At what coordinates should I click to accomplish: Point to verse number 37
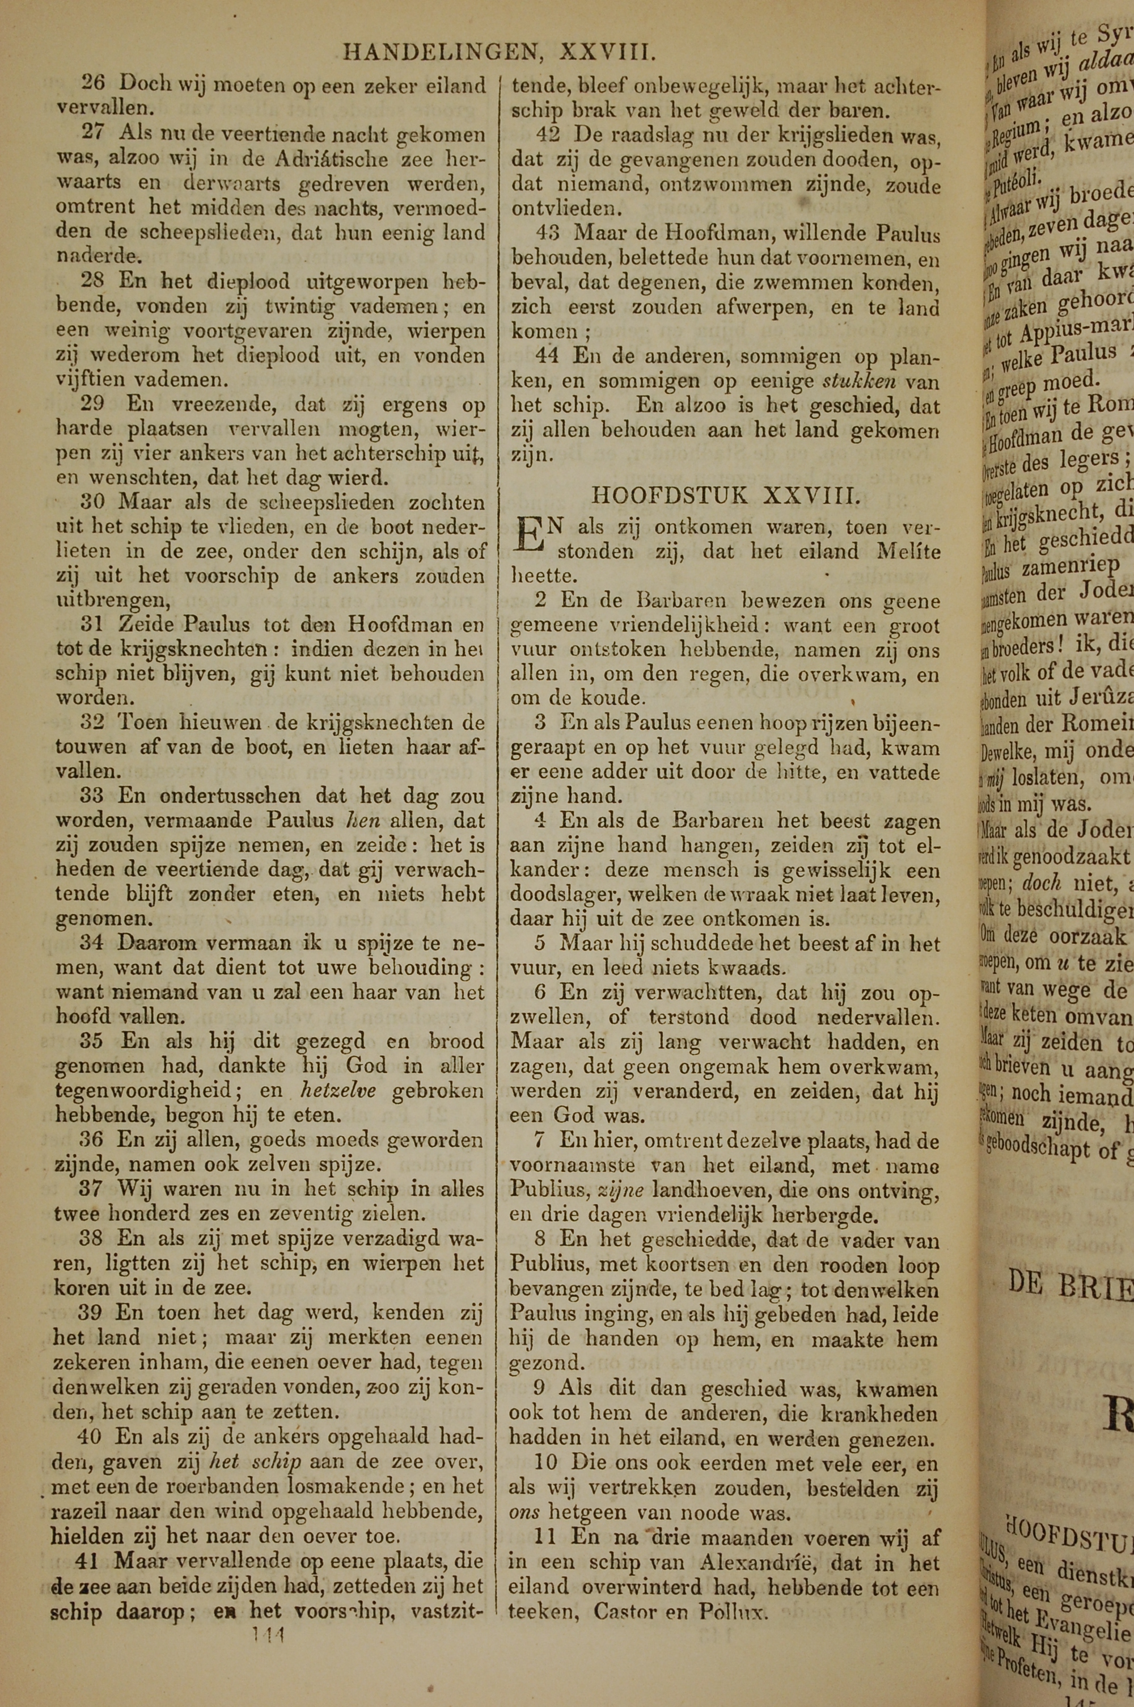pyautogui.click(x=92, y=1188)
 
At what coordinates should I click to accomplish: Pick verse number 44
pyautogui.click(x=548, y=356)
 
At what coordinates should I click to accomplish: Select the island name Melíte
pyautogui.click(x=908, y=552)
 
